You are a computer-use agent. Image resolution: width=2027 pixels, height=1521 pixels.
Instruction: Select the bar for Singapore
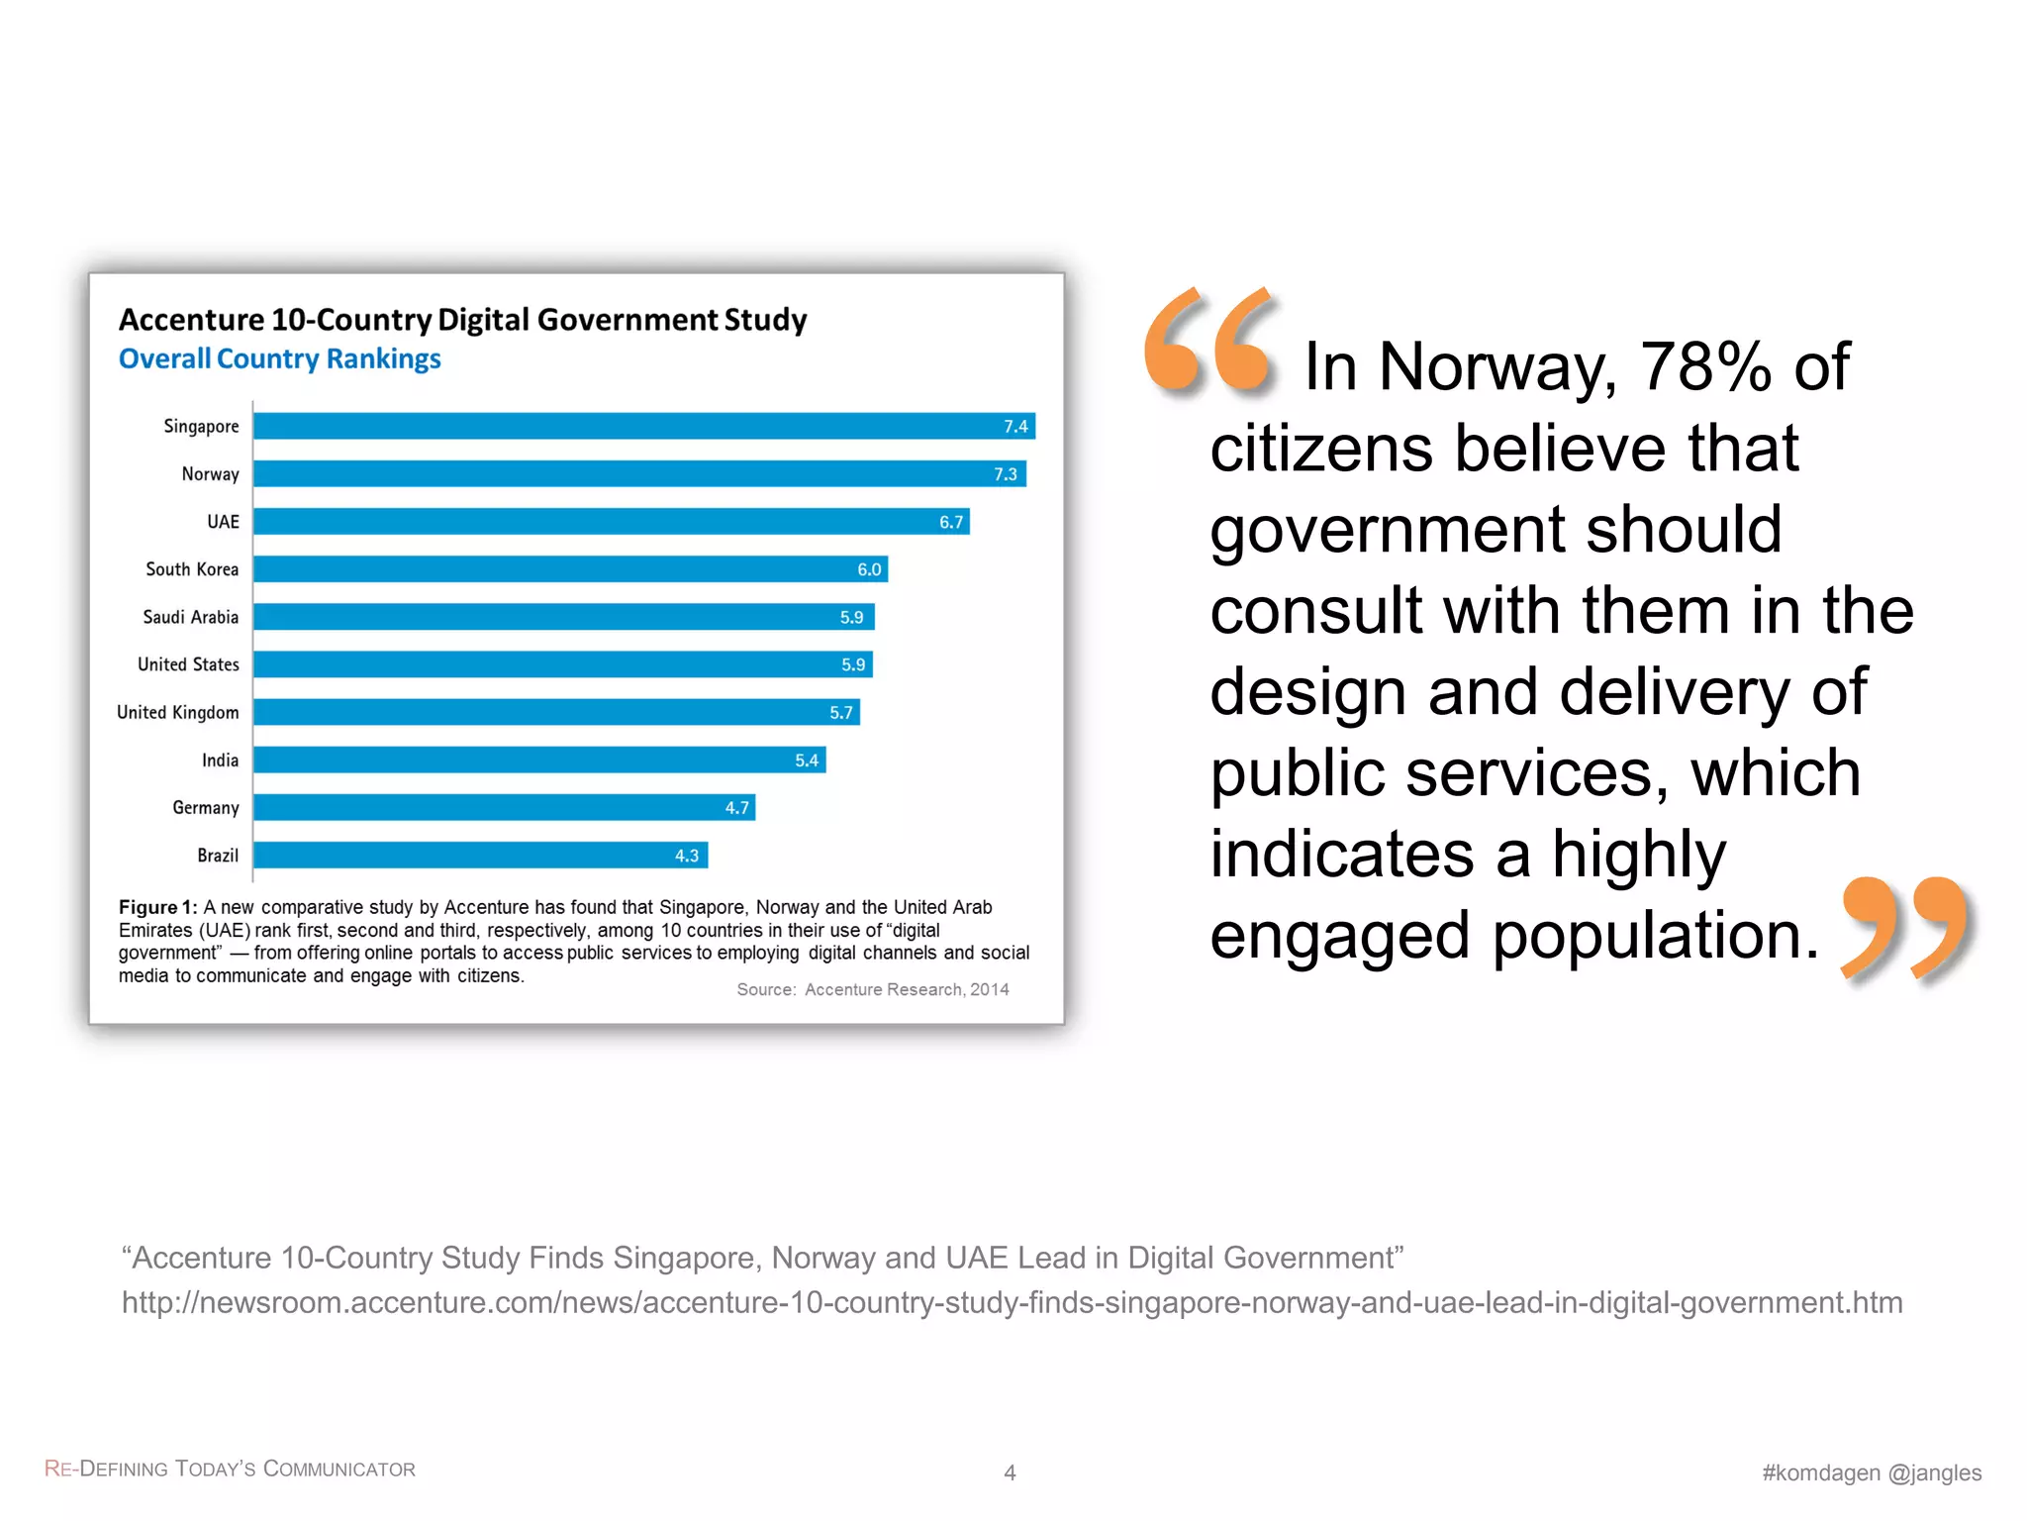[x=643, y=426]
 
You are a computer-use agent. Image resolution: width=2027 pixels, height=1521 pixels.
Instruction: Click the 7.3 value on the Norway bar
[x=1005, y=474]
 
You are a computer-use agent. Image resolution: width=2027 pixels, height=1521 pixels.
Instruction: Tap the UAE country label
[x=223, y=522]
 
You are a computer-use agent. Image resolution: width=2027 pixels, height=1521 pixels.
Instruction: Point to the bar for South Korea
[x=569, y=569]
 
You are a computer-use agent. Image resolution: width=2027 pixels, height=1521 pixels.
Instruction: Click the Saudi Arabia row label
[x=190, y=617]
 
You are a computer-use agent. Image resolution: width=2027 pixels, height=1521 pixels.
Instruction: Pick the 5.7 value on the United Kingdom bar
[x=840, y=713]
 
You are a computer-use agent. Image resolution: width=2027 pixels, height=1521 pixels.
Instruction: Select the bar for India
[x=539, y=760]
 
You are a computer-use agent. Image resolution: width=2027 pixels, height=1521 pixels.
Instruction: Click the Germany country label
[x=205, y=808]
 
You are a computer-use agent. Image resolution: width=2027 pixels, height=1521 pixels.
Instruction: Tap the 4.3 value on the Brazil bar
[x=686, y=856]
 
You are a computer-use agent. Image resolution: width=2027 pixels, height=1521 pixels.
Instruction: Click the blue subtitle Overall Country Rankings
[x=279, y=358]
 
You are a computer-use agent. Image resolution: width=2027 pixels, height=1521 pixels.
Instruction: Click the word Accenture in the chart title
[x=191, y=320]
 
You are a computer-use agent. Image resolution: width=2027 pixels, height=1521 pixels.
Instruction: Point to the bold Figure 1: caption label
[x=157, y=907]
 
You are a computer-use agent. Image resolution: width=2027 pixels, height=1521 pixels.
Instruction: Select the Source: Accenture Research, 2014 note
[x=872, y=989]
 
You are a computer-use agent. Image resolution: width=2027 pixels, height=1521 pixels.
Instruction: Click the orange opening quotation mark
[x=1209, y=342]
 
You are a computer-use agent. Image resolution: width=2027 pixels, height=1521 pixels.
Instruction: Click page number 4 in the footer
[x=1010, y=1472]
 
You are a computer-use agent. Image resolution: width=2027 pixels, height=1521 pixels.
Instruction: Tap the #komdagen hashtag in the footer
[x=1819, y=1472]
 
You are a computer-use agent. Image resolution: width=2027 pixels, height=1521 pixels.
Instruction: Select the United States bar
[x=562, y=664]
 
